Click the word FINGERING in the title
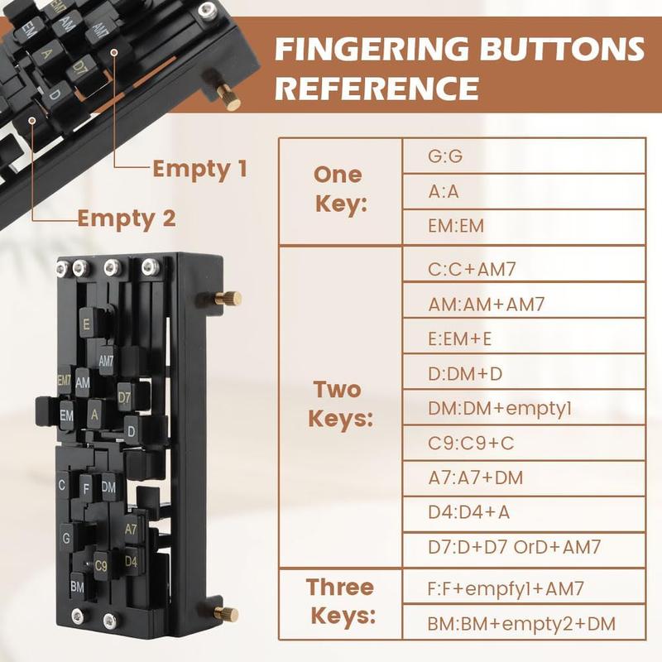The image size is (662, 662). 372,49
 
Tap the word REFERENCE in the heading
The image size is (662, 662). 377,88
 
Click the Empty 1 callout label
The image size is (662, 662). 199,169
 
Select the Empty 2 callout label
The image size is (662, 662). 127,218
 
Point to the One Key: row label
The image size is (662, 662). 340,189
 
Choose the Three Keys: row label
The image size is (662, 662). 341,602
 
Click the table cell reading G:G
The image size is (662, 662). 524,156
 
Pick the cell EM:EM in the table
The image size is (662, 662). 524,226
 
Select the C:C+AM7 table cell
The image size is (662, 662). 524,269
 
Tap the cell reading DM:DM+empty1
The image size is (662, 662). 524,408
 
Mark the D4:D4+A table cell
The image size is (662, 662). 524,512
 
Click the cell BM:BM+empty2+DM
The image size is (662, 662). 524,623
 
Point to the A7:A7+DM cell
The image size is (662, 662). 524,477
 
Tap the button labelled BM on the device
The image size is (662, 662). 77,587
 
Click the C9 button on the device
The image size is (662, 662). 101,566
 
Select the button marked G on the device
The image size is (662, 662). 66,537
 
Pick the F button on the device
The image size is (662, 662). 86,489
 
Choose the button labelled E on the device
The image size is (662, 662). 86,324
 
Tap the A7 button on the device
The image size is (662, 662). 131,529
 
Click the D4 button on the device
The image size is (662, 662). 131,561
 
